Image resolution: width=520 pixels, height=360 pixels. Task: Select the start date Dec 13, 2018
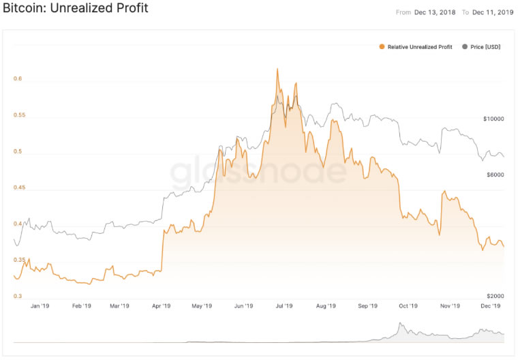pyautogui.click(x=435, y=12)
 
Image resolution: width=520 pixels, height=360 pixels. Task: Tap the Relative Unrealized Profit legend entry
pyautogui.click(x=418, y=47)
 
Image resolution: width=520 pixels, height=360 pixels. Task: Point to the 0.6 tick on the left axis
pyautogui.click(x=18, y=79)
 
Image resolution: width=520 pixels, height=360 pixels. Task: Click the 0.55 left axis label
pyautogui.click(x=19, y=115)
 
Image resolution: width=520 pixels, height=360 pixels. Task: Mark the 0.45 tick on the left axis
pyautogui.click(x=19, y=187)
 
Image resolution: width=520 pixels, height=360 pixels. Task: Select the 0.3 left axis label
pyautogui.click(x=18, y=296)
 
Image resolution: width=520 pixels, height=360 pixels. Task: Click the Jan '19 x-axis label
pyautogui.click(x=40, y=306)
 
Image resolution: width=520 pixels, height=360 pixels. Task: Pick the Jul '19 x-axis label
pyautogui.click(x=285, y=306)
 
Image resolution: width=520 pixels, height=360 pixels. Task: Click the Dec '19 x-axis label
pyautogui.click(x=491, y=306)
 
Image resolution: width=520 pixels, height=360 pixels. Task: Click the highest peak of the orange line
pyautogui.click(x=277, y=69)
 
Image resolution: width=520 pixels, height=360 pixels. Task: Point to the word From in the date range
pyautogui.click(x=403, y=12)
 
